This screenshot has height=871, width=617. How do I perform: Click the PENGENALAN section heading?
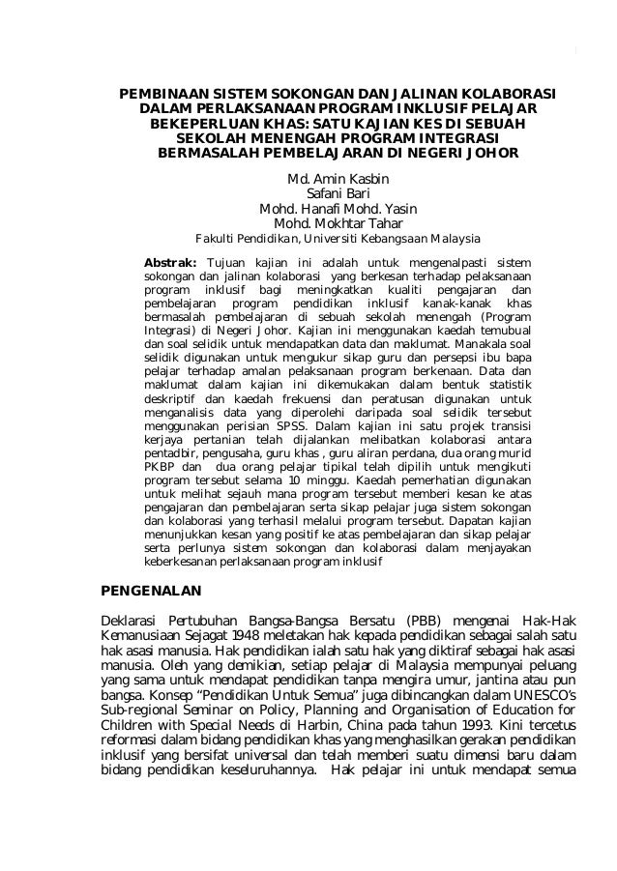151,589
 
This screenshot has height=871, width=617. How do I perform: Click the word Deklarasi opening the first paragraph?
132,619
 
